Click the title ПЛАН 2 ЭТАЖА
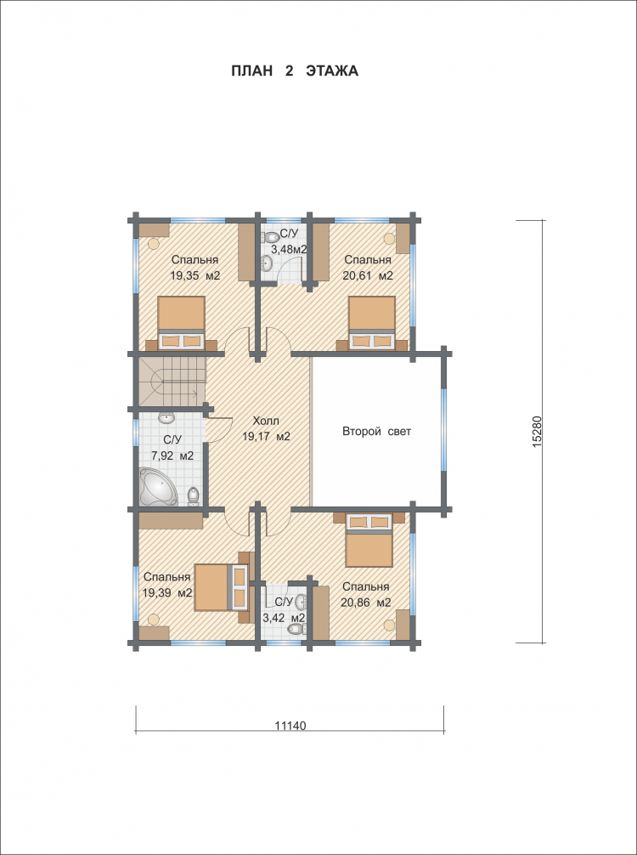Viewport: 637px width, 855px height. click(x=295, y=71)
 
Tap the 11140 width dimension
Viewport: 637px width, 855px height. click(x=290, y=726)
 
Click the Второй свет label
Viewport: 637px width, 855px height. click(x=376, y=431)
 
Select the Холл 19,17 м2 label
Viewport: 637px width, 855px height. click(x=266, y=428)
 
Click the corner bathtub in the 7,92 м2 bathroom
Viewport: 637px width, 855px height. click(x=158, y=486)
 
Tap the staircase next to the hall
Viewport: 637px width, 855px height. click(x=172, y=381)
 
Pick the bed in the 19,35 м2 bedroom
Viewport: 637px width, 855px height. click(x=182, y=323)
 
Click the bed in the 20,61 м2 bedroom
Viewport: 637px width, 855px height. click(x=372, y=323)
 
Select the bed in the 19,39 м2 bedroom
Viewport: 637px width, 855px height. click(x=221, y=586)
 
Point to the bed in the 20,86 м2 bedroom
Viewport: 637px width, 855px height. click(x=369, y=540)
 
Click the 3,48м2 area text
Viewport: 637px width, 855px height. click(x=289, y=250)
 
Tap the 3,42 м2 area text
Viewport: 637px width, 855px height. click(x=284, y=618)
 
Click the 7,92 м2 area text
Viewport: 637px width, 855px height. click(x=172, y=456)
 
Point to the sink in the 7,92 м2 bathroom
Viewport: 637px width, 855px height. click(x=166, y=418)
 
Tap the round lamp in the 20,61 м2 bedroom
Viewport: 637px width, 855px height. click(x=389, y=238)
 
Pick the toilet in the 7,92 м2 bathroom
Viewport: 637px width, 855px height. click(x=193, y=495)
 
